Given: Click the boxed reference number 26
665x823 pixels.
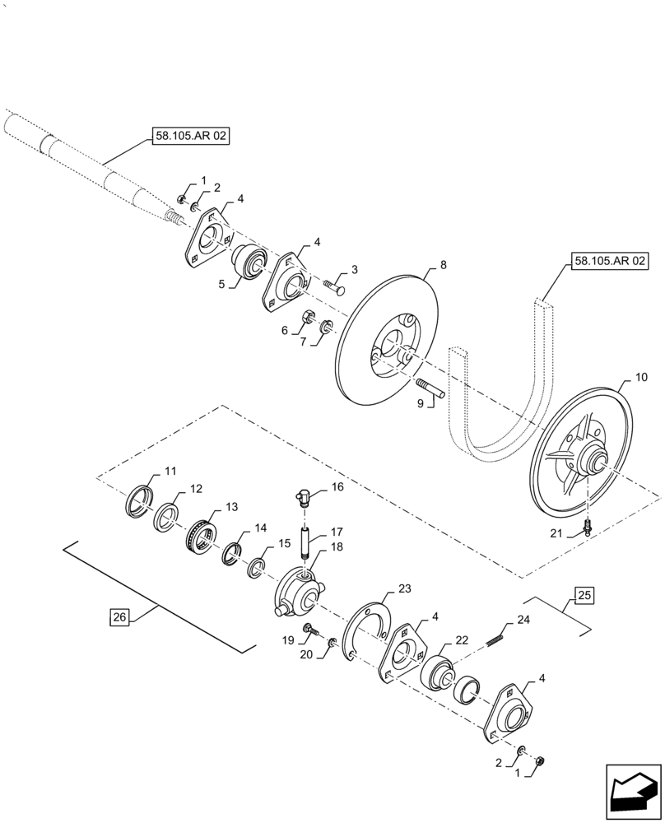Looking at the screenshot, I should point(119,616).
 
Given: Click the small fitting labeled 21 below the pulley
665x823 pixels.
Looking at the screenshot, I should point(587,526).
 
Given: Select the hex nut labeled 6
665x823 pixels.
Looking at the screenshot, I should point(305,315).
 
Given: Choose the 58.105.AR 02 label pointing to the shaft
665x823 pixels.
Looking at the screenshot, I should point(189,138).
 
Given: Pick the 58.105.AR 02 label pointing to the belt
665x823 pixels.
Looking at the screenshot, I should point(608,263).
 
